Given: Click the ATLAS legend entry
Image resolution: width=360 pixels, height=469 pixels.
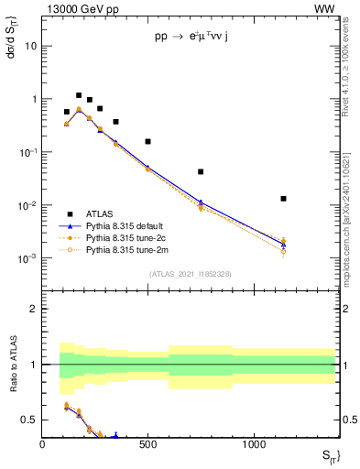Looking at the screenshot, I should [x=103, y=213].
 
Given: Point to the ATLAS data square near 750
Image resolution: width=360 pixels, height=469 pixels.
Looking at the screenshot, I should [x=201, y=171].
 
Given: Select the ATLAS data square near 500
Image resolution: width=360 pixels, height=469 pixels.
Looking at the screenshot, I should [x=147, y=141].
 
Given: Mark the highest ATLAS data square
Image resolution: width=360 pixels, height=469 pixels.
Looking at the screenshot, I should [x=79, y=95].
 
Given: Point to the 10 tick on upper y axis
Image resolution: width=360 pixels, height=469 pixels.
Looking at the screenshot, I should [x=31, y=45].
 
